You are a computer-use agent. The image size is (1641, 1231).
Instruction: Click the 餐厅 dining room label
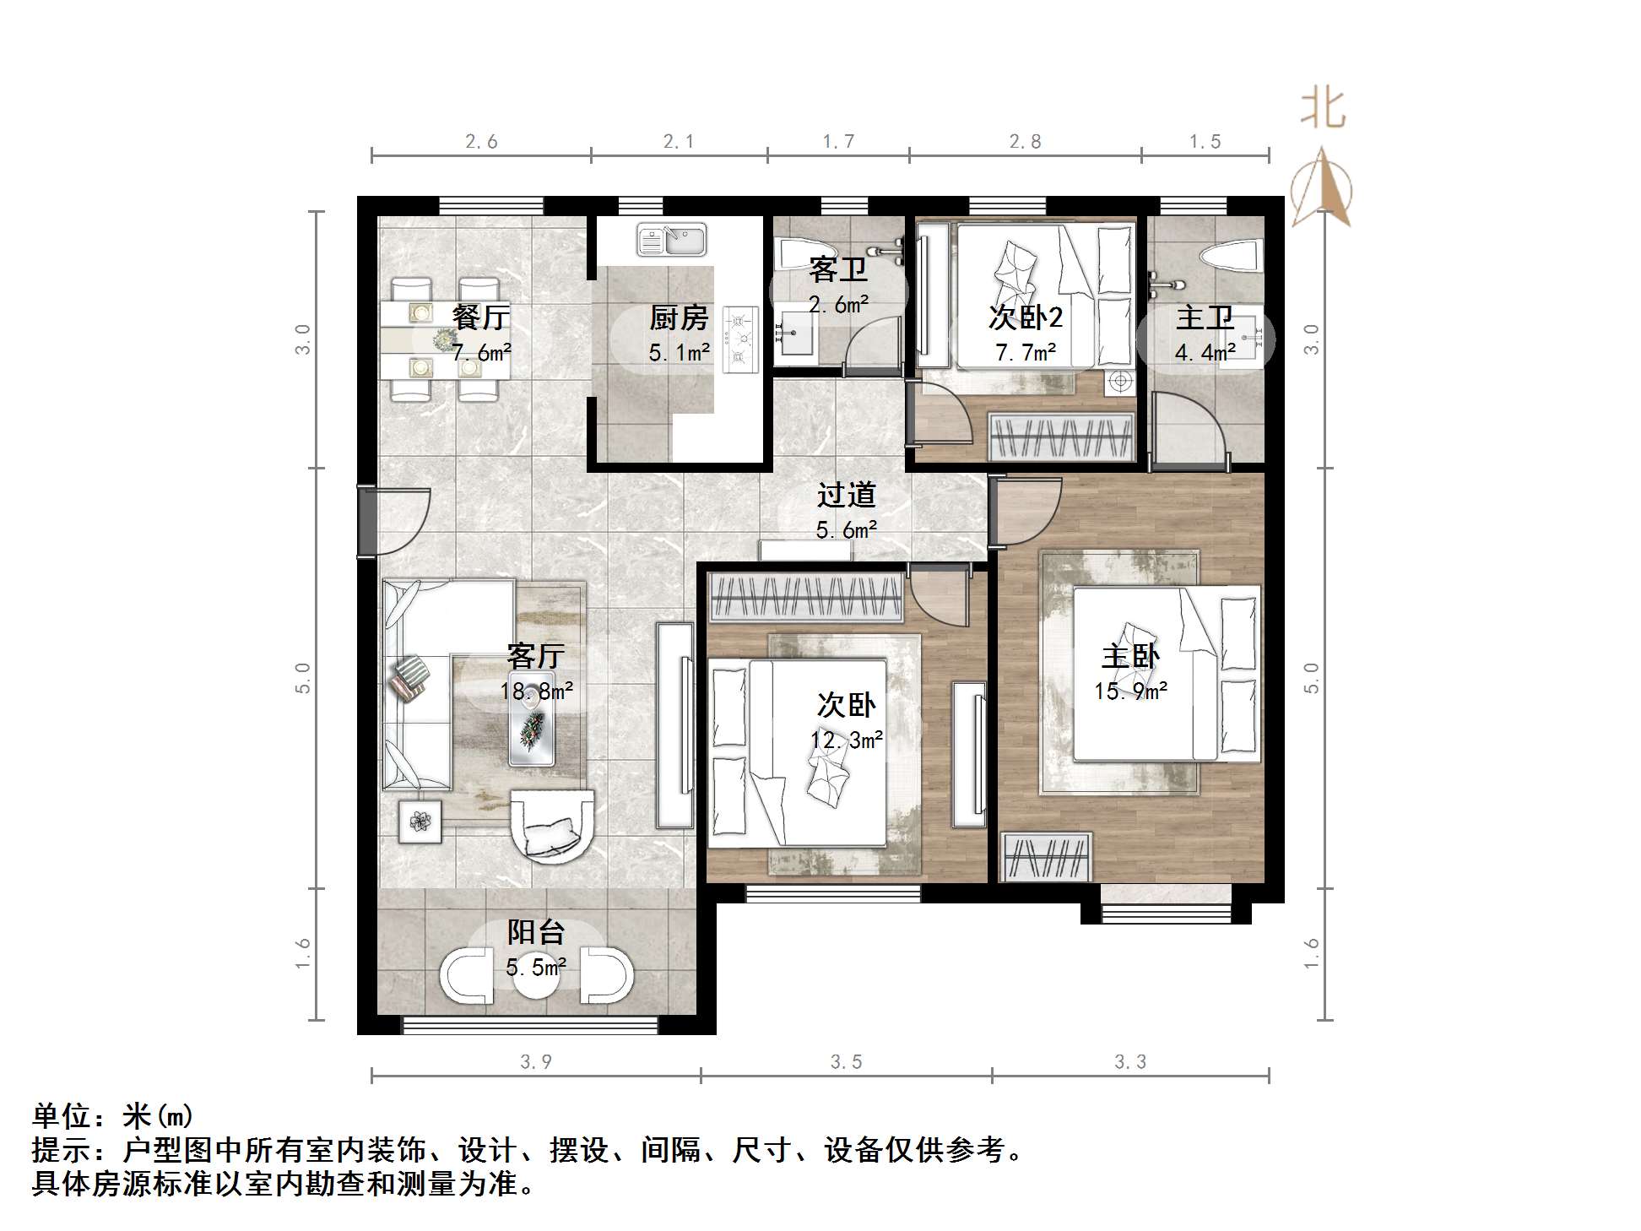coord(480,317)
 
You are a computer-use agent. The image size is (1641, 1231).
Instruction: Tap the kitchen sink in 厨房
coord(672,240)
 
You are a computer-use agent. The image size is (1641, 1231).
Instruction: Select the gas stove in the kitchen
coord(740,339)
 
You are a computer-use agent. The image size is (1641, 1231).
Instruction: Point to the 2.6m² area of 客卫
coord(838,304)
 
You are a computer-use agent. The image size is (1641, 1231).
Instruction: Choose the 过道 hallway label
coord(846,495)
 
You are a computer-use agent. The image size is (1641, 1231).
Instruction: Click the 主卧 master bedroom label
coord(1130,656)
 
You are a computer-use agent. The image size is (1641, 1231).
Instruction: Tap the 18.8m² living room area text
coord(536,691)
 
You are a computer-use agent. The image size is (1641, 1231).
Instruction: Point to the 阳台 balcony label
coord(536,932)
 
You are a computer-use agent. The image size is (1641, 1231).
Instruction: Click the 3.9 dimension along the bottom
coord(536,1062)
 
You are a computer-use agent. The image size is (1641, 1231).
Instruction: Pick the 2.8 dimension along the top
coord(1025,142)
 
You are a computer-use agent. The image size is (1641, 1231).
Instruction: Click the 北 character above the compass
coord(1322,109)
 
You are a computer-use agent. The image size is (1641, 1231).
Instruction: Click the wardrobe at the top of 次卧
coord(807,596)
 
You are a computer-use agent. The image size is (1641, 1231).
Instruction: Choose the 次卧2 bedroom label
coord(1025,317)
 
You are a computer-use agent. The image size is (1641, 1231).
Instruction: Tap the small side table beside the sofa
coord(420,819)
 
